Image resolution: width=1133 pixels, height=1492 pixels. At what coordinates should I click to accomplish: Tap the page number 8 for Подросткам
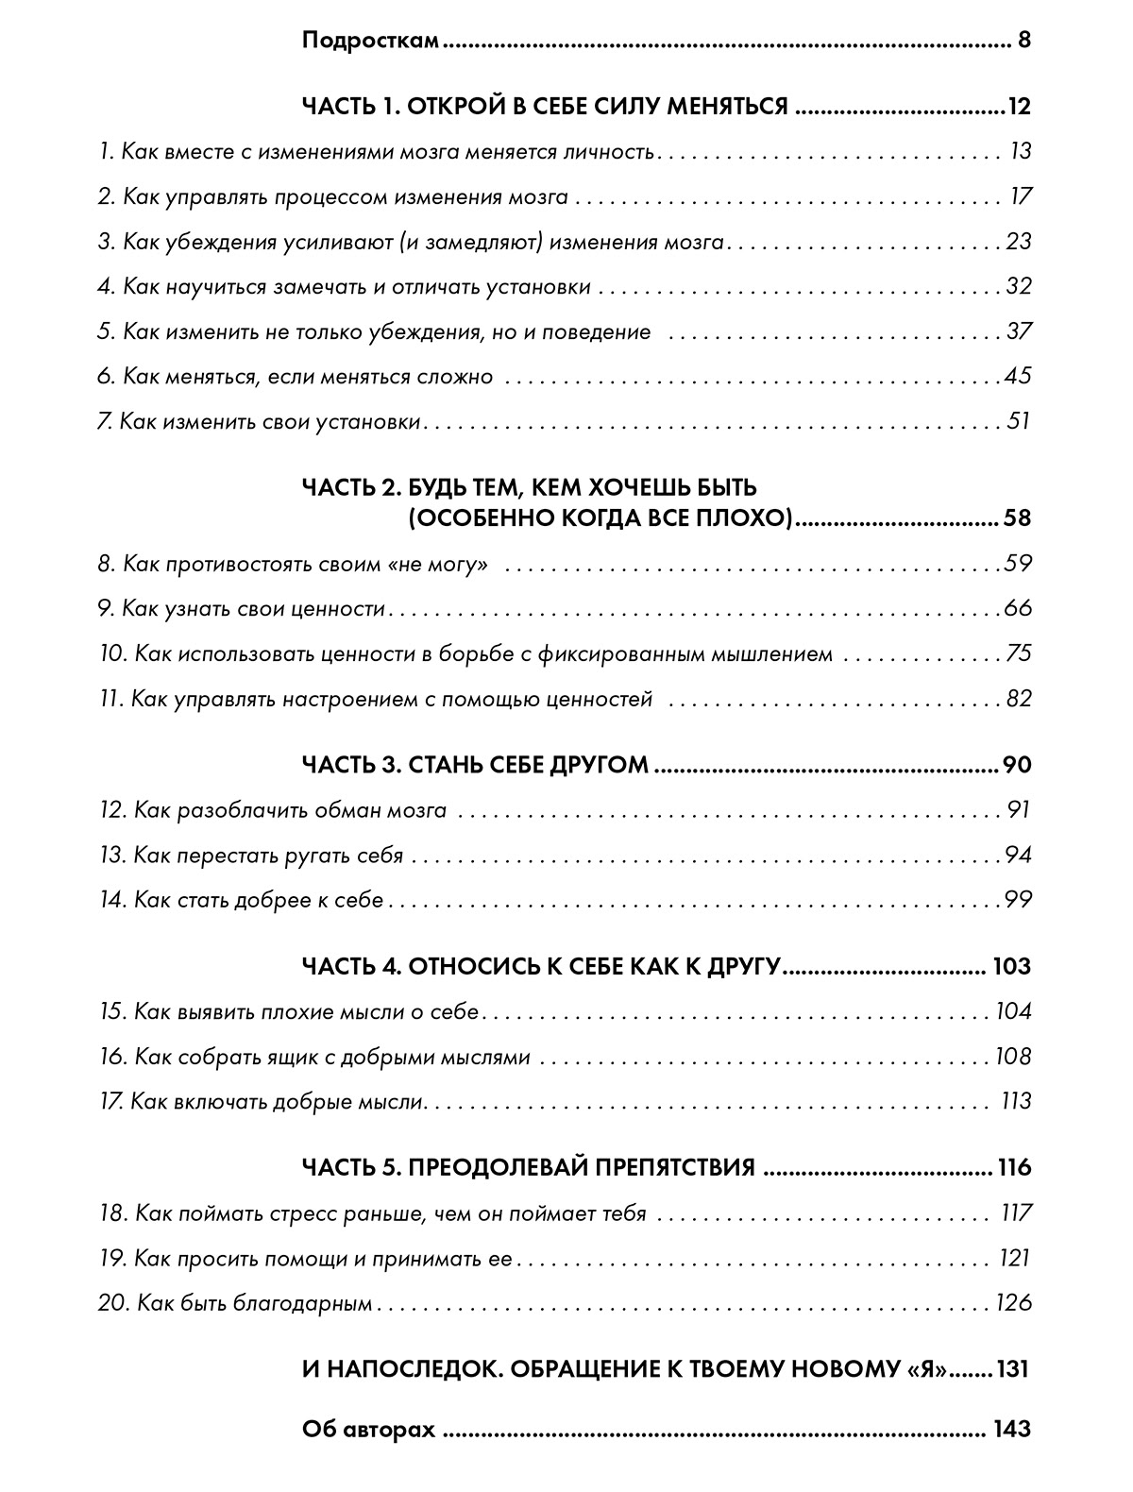pyautogui.click(x=1023, y=42)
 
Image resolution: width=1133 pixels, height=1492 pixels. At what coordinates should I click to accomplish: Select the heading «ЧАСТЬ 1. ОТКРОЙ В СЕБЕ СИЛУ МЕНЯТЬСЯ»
pyautogui.click(x=545, y=107)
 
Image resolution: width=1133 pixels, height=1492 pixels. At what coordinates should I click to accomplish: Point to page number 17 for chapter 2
pyautogui.click(x=1021, y=197)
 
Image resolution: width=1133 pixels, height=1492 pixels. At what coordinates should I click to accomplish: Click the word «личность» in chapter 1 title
pyautogui.click(x=613, y=152)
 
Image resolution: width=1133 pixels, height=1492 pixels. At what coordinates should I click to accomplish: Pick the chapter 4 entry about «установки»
pyautogui.click(x=344, y=287)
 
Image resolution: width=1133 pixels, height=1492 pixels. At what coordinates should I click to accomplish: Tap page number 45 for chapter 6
pyautogui.click(x=1017, y=377)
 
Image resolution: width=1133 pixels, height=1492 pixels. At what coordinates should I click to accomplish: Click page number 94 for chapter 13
pyautogui.click(x=1018, y=856)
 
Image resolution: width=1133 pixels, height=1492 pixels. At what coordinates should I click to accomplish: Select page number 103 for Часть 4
pyautogui.click(x=1011, y=967)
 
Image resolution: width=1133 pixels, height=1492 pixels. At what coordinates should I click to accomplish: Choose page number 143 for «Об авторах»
pyautogui.click(x=1011, y=1430)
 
